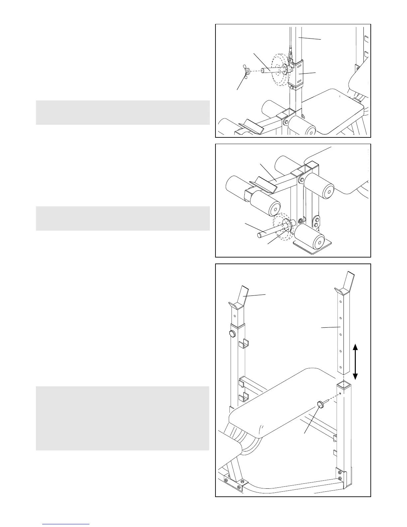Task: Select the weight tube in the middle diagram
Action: [x=269, y=231]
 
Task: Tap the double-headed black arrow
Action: [x=355, y=362]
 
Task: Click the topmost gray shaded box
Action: [x=123, y=112]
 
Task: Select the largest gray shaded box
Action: [x=123, y=418]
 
